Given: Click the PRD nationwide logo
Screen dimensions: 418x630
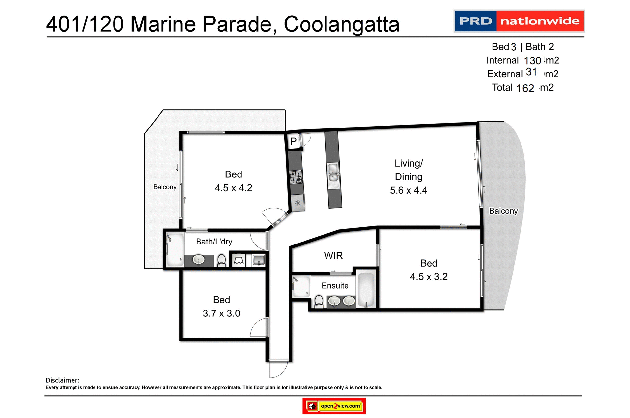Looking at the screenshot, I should (519, 21).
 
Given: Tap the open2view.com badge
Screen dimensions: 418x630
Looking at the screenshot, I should (334, 406).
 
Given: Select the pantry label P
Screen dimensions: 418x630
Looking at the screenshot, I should (294, 141).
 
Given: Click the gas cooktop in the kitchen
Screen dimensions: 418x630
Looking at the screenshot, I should (296, 177).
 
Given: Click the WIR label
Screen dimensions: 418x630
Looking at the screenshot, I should (333, 256).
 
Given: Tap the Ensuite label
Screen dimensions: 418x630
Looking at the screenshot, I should (335, 286).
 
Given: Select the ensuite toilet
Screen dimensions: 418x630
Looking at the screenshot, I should (319, 301).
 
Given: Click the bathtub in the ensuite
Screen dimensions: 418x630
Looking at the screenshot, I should (366, 289).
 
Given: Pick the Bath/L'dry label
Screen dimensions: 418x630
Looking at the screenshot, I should (214, 242).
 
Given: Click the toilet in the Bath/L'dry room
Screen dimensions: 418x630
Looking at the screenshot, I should (222, 260).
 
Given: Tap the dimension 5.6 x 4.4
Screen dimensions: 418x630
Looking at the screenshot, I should (409, 190).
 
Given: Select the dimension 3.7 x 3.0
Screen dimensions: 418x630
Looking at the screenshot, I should (221, 313).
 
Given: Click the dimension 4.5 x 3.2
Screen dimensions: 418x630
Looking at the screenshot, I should (429, 277).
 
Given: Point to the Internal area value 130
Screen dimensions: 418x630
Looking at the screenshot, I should (532, 60).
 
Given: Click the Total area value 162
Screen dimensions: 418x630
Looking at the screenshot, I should (525, 88).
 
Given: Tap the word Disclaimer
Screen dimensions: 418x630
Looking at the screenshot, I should (62, 380).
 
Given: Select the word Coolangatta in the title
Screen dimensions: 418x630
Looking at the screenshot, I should (342, 24).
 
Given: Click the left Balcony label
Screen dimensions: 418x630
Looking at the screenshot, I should (165, 187).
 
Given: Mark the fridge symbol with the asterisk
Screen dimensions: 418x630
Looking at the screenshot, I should (298, 203).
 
